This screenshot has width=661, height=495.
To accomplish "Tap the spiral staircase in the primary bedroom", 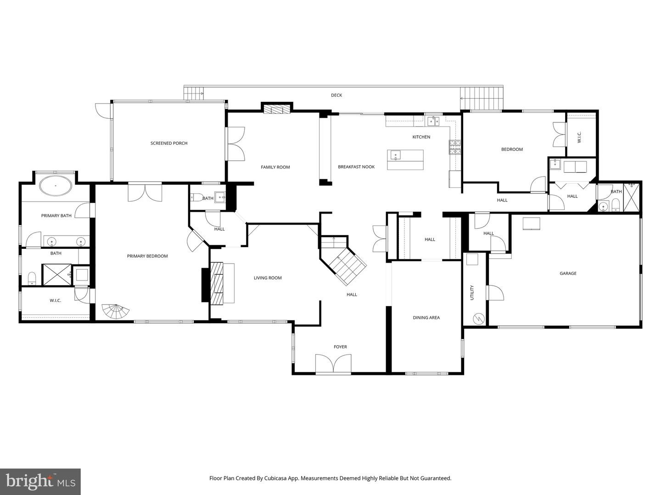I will [115, 312].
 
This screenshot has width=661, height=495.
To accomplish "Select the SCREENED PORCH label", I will [169, 143].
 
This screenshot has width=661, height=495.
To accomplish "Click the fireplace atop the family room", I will [277, 110].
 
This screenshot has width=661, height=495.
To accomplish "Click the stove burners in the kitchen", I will [454, 147].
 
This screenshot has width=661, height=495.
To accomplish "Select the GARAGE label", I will [568, 274].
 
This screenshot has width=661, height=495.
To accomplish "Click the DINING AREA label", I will [426, 318].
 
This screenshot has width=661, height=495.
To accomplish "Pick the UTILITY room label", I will [472, 293].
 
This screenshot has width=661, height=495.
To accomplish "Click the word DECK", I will [336, 95].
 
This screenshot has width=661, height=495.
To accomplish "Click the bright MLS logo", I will [40, 482].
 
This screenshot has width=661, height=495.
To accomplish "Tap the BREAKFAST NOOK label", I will [356, 167].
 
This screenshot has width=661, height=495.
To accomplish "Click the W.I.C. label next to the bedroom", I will [579, 136].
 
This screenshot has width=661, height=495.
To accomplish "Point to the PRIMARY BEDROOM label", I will [147, 256].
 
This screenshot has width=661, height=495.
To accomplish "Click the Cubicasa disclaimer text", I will [330, 478].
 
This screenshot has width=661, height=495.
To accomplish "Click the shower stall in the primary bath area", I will [57, 275].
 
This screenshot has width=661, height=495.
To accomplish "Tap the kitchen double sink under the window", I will [433, 121].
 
